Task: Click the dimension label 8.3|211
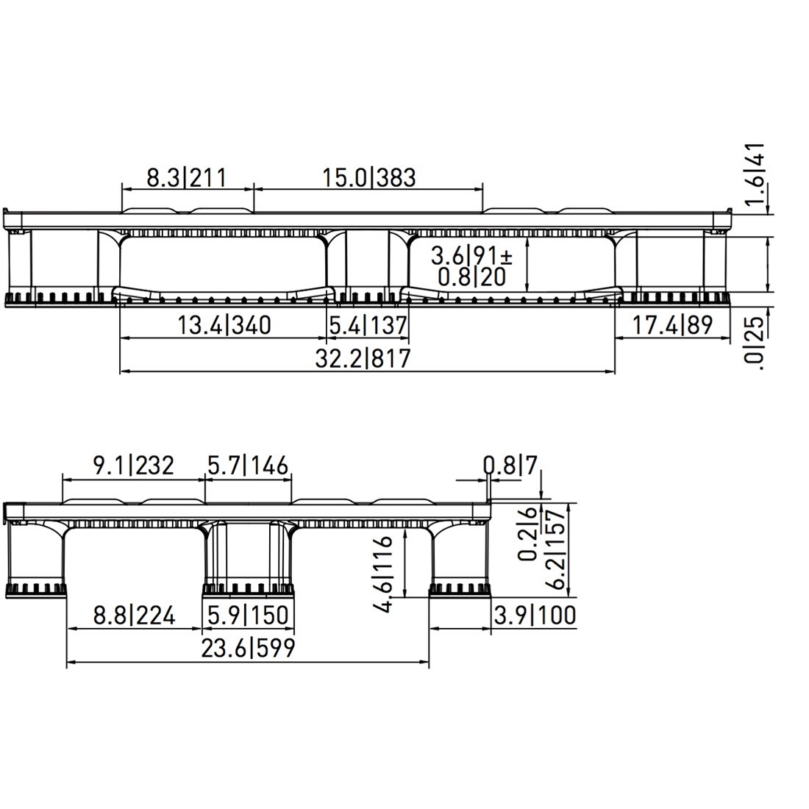click(x=185, y=177)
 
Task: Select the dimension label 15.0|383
click(x=368, y=177)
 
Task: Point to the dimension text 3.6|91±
click(x=471, y=256)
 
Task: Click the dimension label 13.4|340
click(x=224, y=324)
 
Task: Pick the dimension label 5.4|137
click(x=368, y=324)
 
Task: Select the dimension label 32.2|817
click(x=363, y=358)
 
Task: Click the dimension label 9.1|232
click(x=133, y=466)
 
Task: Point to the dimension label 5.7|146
click(x=248, y=466)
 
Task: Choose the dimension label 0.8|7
click(x=511, y=465)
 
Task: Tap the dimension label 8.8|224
click(x=135, y=615)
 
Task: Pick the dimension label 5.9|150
click(x=248, y=615)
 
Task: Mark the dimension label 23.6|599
click(x=248, y=648)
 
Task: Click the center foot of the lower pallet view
click(x=248, y=588)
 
